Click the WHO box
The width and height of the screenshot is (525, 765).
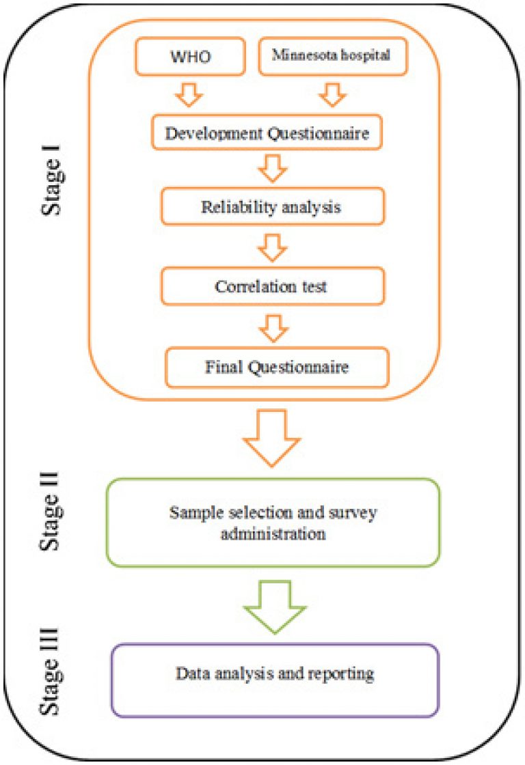tap(190, 57)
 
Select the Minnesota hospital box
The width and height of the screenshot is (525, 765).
tap(333, 56)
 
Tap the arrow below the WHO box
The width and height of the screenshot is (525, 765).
tap(189, 95)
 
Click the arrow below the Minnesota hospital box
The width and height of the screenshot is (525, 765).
tap(333, 95)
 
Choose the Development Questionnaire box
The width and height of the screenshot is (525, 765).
tap(267, 133)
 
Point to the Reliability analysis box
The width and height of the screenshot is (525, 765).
tap(273, 206)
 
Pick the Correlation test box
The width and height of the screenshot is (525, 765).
tap(273, 286)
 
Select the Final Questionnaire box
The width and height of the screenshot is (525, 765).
tap(277, 367)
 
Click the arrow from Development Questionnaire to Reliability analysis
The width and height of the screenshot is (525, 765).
tap(273, 169)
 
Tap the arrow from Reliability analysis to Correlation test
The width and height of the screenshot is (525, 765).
tap(273, 248)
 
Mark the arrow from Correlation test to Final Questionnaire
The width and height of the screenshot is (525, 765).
tap(273, 328)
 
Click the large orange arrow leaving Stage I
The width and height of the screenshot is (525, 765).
tap(271, 438)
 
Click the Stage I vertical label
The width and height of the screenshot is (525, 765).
tap(51, 180)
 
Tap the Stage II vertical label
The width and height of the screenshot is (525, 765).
tap(51, 512)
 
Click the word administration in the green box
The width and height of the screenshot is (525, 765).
tap(273, 533)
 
